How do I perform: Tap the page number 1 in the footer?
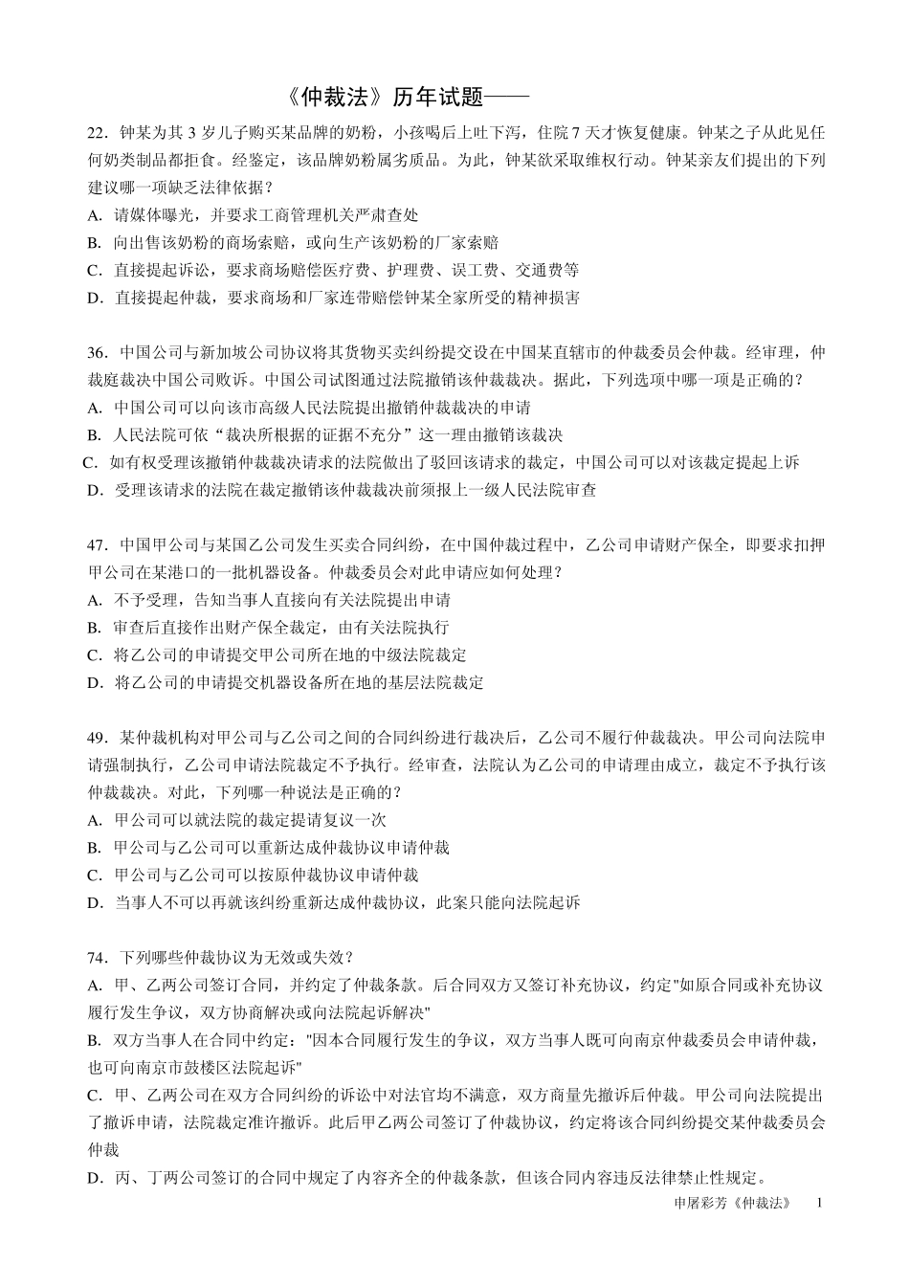[x=819, y=1203]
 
